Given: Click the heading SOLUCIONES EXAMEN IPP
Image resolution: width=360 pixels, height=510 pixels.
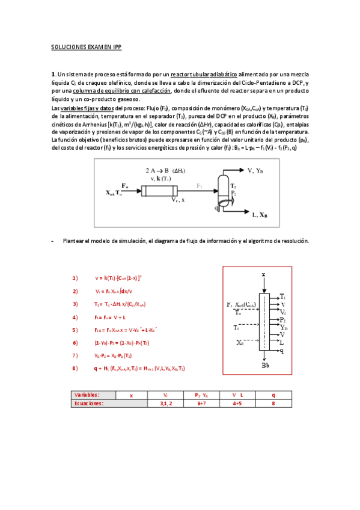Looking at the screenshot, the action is [87, 46].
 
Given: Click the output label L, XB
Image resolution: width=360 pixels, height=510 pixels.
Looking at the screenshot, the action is [260, 214].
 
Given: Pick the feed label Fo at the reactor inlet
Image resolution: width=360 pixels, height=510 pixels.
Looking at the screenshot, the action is [124, 185].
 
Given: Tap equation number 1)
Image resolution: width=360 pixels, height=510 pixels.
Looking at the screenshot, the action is [75, 278].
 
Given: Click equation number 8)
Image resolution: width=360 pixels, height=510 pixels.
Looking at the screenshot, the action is [75, 367].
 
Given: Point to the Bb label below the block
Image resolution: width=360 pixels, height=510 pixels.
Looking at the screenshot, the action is [265, 365].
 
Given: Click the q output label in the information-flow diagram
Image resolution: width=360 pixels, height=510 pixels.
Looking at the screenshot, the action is [282, 350].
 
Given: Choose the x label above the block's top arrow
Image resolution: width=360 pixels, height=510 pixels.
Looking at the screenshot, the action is [264, 274].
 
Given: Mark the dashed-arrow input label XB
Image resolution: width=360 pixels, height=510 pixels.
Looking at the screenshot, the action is [240, 342].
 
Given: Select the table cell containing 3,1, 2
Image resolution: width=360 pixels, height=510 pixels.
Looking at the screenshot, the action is [166, 404].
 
